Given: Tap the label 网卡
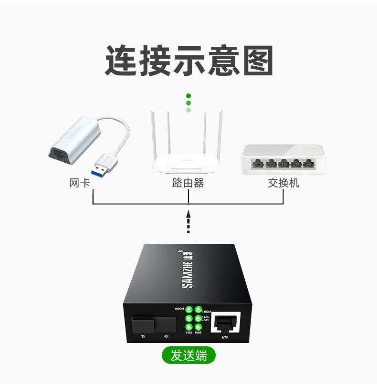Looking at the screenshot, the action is click(x=80, y=183).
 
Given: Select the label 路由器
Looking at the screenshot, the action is click(x=188, y=183).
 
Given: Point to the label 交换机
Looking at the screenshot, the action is click(x=283, y=183).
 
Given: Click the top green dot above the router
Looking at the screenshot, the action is click(x=188, y=96).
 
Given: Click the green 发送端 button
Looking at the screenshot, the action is click(x=188, y=355).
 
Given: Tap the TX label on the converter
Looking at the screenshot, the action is click(x=143, y=337).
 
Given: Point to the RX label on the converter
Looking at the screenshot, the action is click(x=166, y=337).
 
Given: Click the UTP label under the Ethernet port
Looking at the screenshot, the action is click(x=225, y=337).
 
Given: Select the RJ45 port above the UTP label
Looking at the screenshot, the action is click(x=225, y=323).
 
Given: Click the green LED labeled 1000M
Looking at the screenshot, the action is click(x=188, y=309).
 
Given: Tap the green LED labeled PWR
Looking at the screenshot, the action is click(x=198, y=327).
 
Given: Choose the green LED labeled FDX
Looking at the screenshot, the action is click(x=188, y=327).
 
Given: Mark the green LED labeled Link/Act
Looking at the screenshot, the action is click(x=198, y=318).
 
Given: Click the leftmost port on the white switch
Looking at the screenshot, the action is click(x=258, y=164).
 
